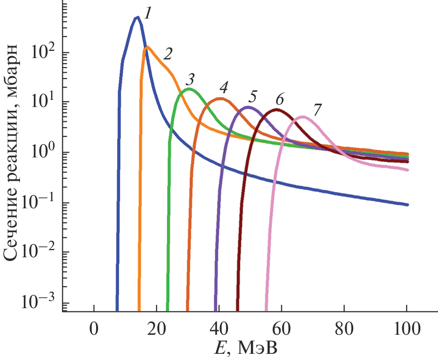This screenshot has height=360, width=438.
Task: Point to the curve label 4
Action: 223,87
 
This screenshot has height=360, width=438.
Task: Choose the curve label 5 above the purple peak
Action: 253,97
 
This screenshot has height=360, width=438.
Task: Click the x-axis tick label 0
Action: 94,329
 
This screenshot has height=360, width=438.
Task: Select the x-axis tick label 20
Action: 157,329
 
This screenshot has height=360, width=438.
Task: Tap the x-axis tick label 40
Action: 219,329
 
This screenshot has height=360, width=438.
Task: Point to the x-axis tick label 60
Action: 281,329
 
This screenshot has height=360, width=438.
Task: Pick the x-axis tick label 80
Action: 344,329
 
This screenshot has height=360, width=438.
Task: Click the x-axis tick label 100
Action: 406,329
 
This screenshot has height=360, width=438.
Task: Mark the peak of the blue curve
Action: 137,18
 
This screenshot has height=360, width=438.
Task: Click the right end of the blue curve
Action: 408,205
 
